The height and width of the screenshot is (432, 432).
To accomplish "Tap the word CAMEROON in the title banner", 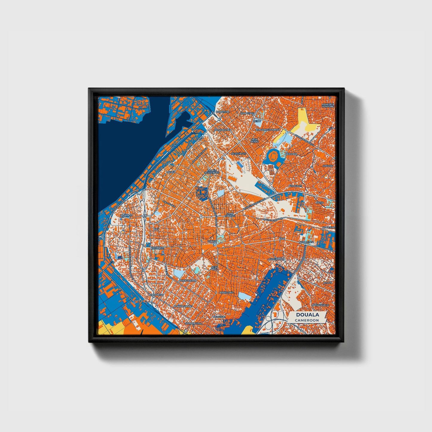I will [306, 320].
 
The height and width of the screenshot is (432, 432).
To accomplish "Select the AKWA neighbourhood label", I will [171, 173].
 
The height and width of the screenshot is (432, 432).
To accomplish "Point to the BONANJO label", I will [126, 215].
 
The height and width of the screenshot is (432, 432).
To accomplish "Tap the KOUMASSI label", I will [157, 248].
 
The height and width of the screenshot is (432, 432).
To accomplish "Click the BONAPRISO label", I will [156, 294].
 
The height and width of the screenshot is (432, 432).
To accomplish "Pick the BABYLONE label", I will [226, 292].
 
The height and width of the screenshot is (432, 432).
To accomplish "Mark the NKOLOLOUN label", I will [277, 259].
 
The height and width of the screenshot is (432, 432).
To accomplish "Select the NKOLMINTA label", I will [307, 242].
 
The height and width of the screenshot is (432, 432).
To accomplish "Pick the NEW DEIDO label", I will [255, 141].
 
